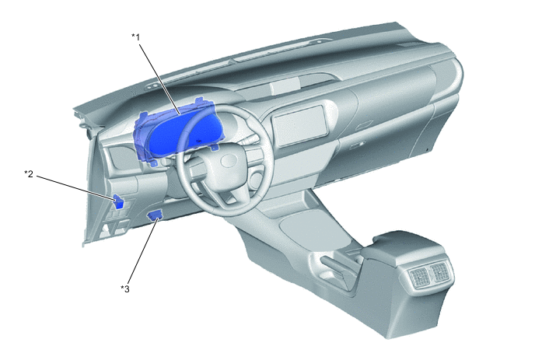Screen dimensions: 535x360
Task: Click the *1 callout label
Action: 136,37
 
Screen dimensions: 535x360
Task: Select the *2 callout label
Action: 29,173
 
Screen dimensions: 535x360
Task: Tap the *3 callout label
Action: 125,289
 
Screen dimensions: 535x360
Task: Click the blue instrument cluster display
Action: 174,131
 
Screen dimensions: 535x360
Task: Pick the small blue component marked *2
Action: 118,201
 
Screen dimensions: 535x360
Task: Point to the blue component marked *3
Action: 155,215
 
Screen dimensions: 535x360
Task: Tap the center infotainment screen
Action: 299,125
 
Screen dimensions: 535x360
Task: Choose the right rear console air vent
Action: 439,271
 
